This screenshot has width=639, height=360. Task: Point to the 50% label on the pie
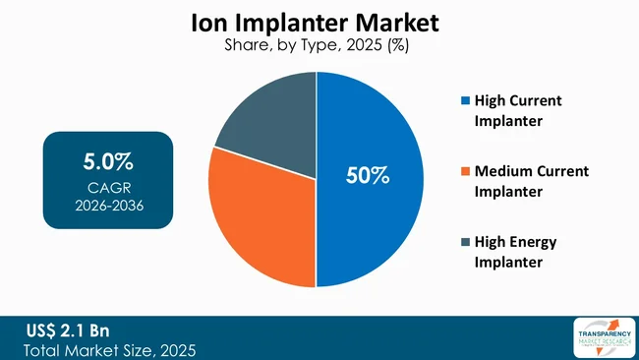coord(368,176)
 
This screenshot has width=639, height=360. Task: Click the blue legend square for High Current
coord(464,100)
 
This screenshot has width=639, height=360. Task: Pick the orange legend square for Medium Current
coord(464,171)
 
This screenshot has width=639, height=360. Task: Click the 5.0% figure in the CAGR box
coord(108,160)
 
